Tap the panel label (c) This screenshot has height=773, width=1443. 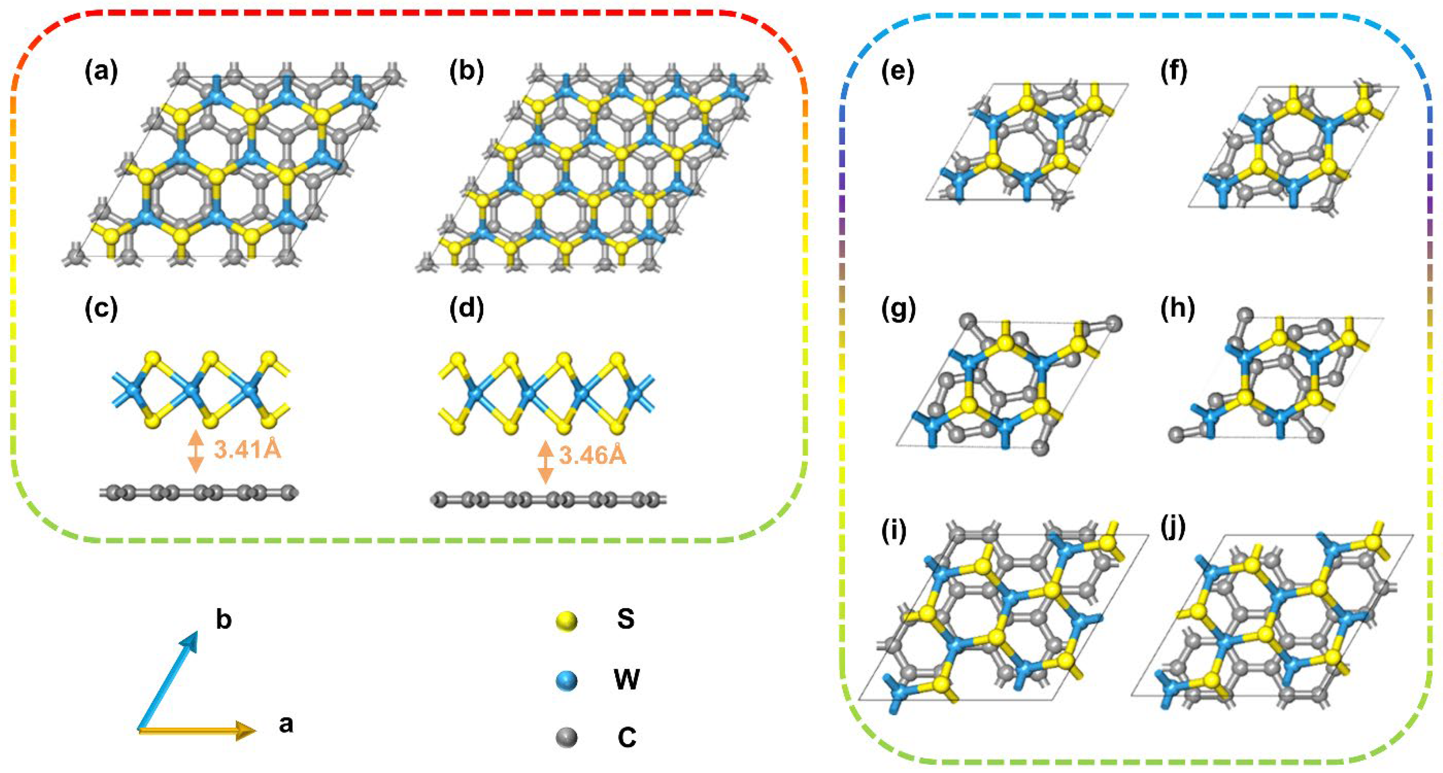click(x=101, y=310)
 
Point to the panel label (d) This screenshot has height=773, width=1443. click(x=466, y=310)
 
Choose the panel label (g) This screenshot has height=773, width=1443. click(x=897, y=310)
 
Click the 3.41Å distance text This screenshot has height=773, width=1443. click(x=247, y=450)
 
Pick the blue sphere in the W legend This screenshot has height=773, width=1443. click(x=566, y=680)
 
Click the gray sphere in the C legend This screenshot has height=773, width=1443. click(x=566, y=738)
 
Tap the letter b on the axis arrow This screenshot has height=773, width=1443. click(x=224, y=620)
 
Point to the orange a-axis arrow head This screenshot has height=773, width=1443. click(x=246, y=730)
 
